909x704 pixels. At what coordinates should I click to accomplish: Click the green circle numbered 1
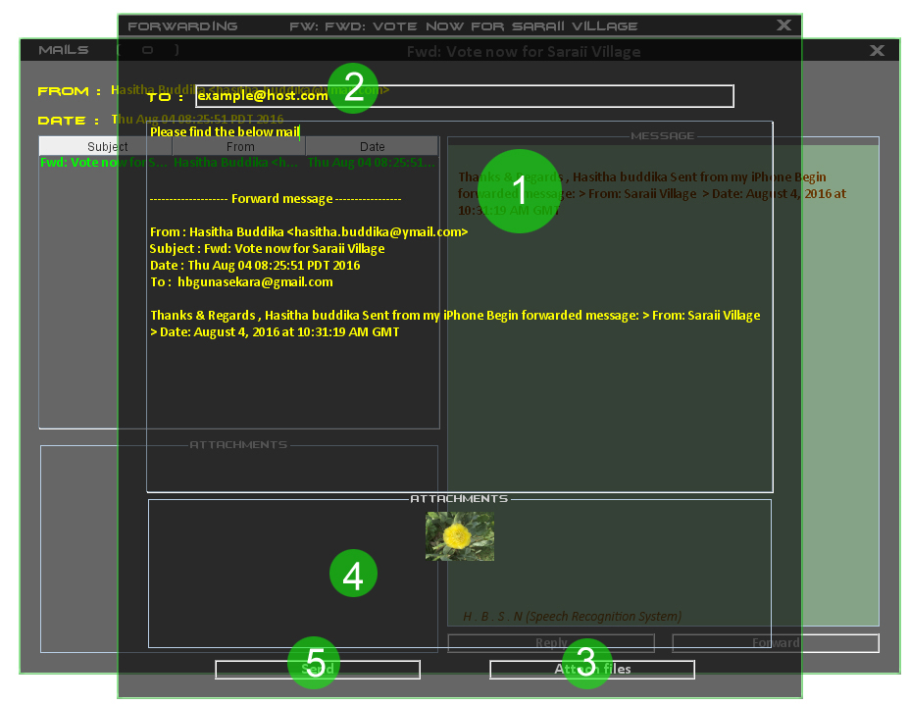point(520,191)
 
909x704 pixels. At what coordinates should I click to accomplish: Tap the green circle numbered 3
point(585,664)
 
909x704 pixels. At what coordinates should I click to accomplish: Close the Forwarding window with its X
point(783,25)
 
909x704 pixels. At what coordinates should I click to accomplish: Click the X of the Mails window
point(878,50)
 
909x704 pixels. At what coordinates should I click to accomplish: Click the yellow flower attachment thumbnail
point(460,536)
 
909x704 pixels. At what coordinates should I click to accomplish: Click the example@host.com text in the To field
point(262,96)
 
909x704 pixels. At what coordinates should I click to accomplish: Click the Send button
point(318,670)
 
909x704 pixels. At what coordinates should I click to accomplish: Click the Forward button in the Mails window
point(775,643)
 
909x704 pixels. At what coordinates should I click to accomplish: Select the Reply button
point(551,643)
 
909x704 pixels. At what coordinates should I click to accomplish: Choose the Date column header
point(372,147)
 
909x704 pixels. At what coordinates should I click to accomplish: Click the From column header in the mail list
point(239,147)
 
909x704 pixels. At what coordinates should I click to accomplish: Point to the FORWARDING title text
point(182,25)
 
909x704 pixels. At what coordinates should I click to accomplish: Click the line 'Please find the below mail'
point(226,131)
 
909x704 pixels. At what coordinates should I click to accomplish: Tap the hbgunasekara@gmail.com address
point(255,281)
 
